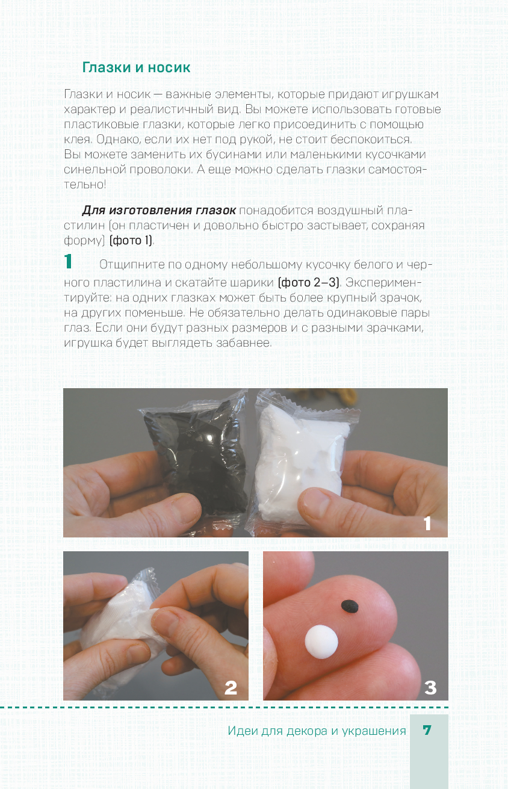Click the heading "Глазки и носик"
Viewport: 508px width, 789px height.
(136, 67)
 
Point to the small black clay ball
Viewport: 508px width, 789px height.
(350, 606)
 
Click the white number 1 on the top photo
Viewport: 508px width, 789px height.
(427, 524)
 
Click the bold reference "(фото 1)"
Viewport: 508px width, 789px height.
(131, 241)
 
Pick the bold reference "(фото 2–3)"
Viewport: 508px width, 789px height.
(308, 282)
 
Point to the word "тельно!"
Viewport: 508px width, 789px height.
(85, 184)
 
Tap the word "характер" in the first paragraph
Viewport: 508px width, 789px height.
(90, 110)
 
